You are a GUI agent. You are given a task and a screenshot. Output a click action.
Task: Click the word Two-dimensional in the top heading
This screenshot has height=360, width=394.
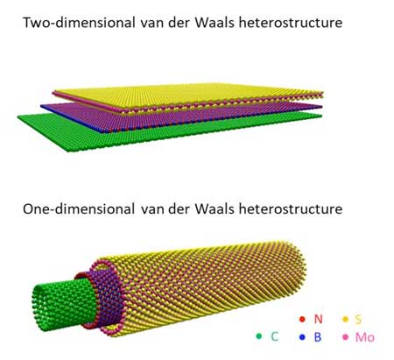pos(79,23)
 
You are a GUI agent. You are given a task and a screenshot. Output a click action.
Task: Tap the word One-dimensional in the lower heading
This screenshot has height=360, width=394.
pos(79,209)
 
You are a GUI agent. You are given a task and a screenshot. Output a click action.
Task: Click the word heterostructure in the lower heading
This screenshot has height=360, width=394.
pos(291,209)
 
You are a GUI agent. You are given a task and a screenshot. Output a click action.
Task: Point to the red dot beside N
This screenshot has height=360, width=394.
pos(302,319)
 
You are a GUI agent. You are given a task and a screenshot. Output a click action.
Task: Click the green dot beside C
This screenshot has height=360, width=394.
pos(259,336)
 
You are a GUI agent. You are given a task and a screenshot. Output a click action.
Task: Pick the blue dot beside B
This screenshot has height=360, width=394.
pos(302,337)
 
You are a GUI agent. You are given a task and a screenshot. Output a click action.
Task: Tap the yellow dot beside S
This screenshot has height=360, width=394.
pos(346,319)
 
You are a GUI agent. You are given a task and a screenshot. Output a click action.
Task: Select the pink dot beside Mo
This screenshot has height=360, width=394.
pos(346,337)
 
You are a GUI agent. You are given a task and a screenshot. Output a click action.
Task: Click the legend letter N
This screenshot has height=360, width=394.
pos(319,319)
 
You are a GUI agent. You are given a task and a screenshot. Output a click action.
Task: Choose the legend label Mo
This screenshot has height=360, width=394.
pos(365,337)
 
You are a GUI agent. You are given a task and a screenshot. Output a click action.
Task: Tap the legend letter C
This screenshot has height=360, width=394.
pos(275,336)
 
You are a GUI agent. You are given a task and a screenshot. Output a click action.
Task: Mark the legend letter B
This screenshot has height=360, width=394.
pos(318,337)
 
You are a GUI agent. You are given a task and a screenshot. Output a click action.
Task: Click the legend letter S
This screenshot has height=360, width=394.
pos(358,319)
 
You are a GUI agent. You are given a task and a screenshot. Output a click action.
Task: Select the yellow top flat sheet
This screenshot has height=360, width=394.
pos(186,95)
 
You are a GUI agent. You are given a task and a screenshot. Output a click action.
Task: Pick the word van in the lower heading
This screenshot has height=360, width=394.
pos(152,210)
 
